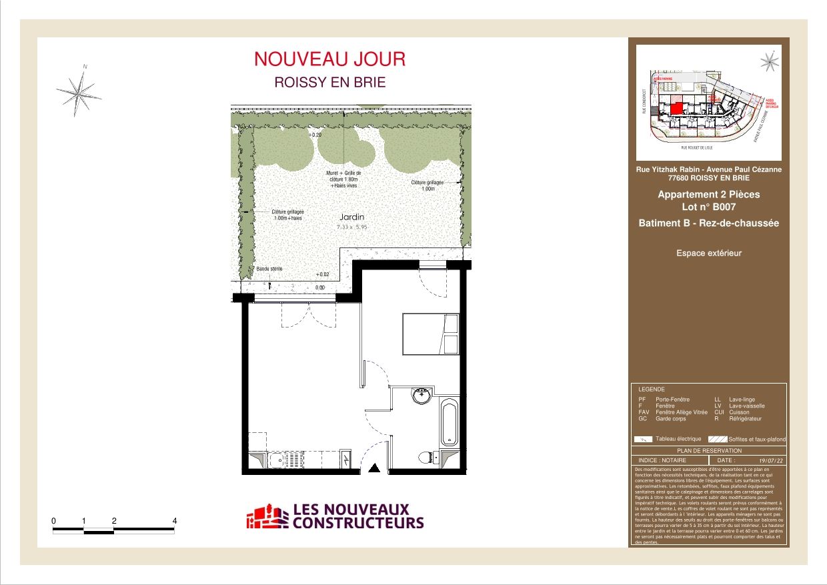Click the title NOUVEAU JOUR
pos(329,59)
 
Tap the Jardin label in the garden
pos(352,217)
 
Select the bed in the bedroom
pos(430,334)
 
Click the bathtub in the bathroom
pos(450,422)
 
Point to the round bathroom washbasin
pos(421,397)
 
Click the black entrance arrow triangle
pos(374,468)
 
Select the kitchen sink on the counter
pos(276,460)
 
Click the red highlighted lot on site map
pos(676,109)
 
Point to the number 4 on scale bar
pos(175,520)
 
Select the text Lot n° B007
pos(708,207)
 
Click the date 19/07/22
pos(770,460)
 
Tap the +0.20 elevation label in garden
pos(315,135)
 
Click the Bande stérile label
pos(269,269)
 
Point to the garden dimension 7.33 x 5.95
pos(352,227)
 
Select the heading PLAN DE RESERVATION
pos(708,452)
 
